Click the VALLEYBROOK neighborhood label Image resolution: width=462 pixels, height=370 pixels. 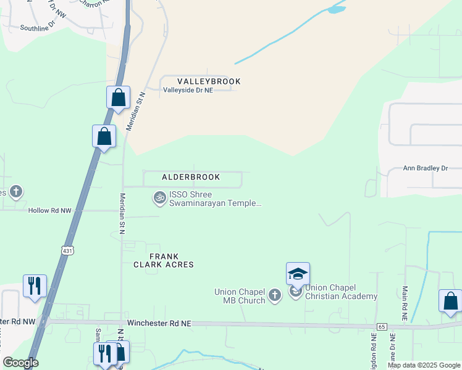tap(209, 81)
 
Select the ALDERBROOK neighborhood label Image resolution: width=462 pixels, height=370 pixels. tap(191, 177)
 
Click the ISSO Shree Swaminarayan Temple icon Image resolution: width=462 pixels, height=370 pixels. tap(159, 197)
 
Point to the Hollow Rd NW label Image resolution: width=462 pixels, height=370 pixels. tap(50, 210)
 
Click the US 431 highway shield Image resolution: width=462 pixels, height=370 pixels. tap(67, 250)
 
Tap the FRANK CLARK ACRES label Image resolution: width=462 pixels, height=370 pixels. tap(164, 260)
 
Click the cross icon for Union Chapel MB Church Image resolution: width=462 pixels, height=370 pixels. tap(275, 297)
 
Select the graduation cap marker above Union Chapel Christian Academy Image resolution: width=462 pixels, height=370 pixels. tap(298, 274)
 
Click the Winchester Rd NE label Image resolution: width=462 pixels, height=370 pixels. tap(159, 323)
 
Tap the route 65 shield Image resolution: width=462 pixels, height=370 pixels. tap(381, 327)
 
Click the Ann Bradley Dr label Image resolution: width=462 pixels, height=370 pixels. tap(425, 168)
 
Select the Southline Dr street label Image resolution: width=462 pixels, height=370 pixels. tap(38, 28)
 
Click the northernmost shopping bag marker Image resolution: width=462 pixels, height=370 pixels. tap(118, 97)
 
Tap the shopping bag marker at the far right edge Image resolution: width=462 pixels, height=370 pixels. tap(451, 301)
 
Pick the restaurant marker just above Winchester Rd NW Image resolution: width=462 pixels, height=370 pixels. tap(35, 286)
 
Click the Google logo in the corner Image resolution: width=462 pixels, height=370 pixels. tap(20, 363)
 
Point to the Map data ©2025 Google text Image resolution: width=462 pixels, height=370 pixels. tap(423, 365)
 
